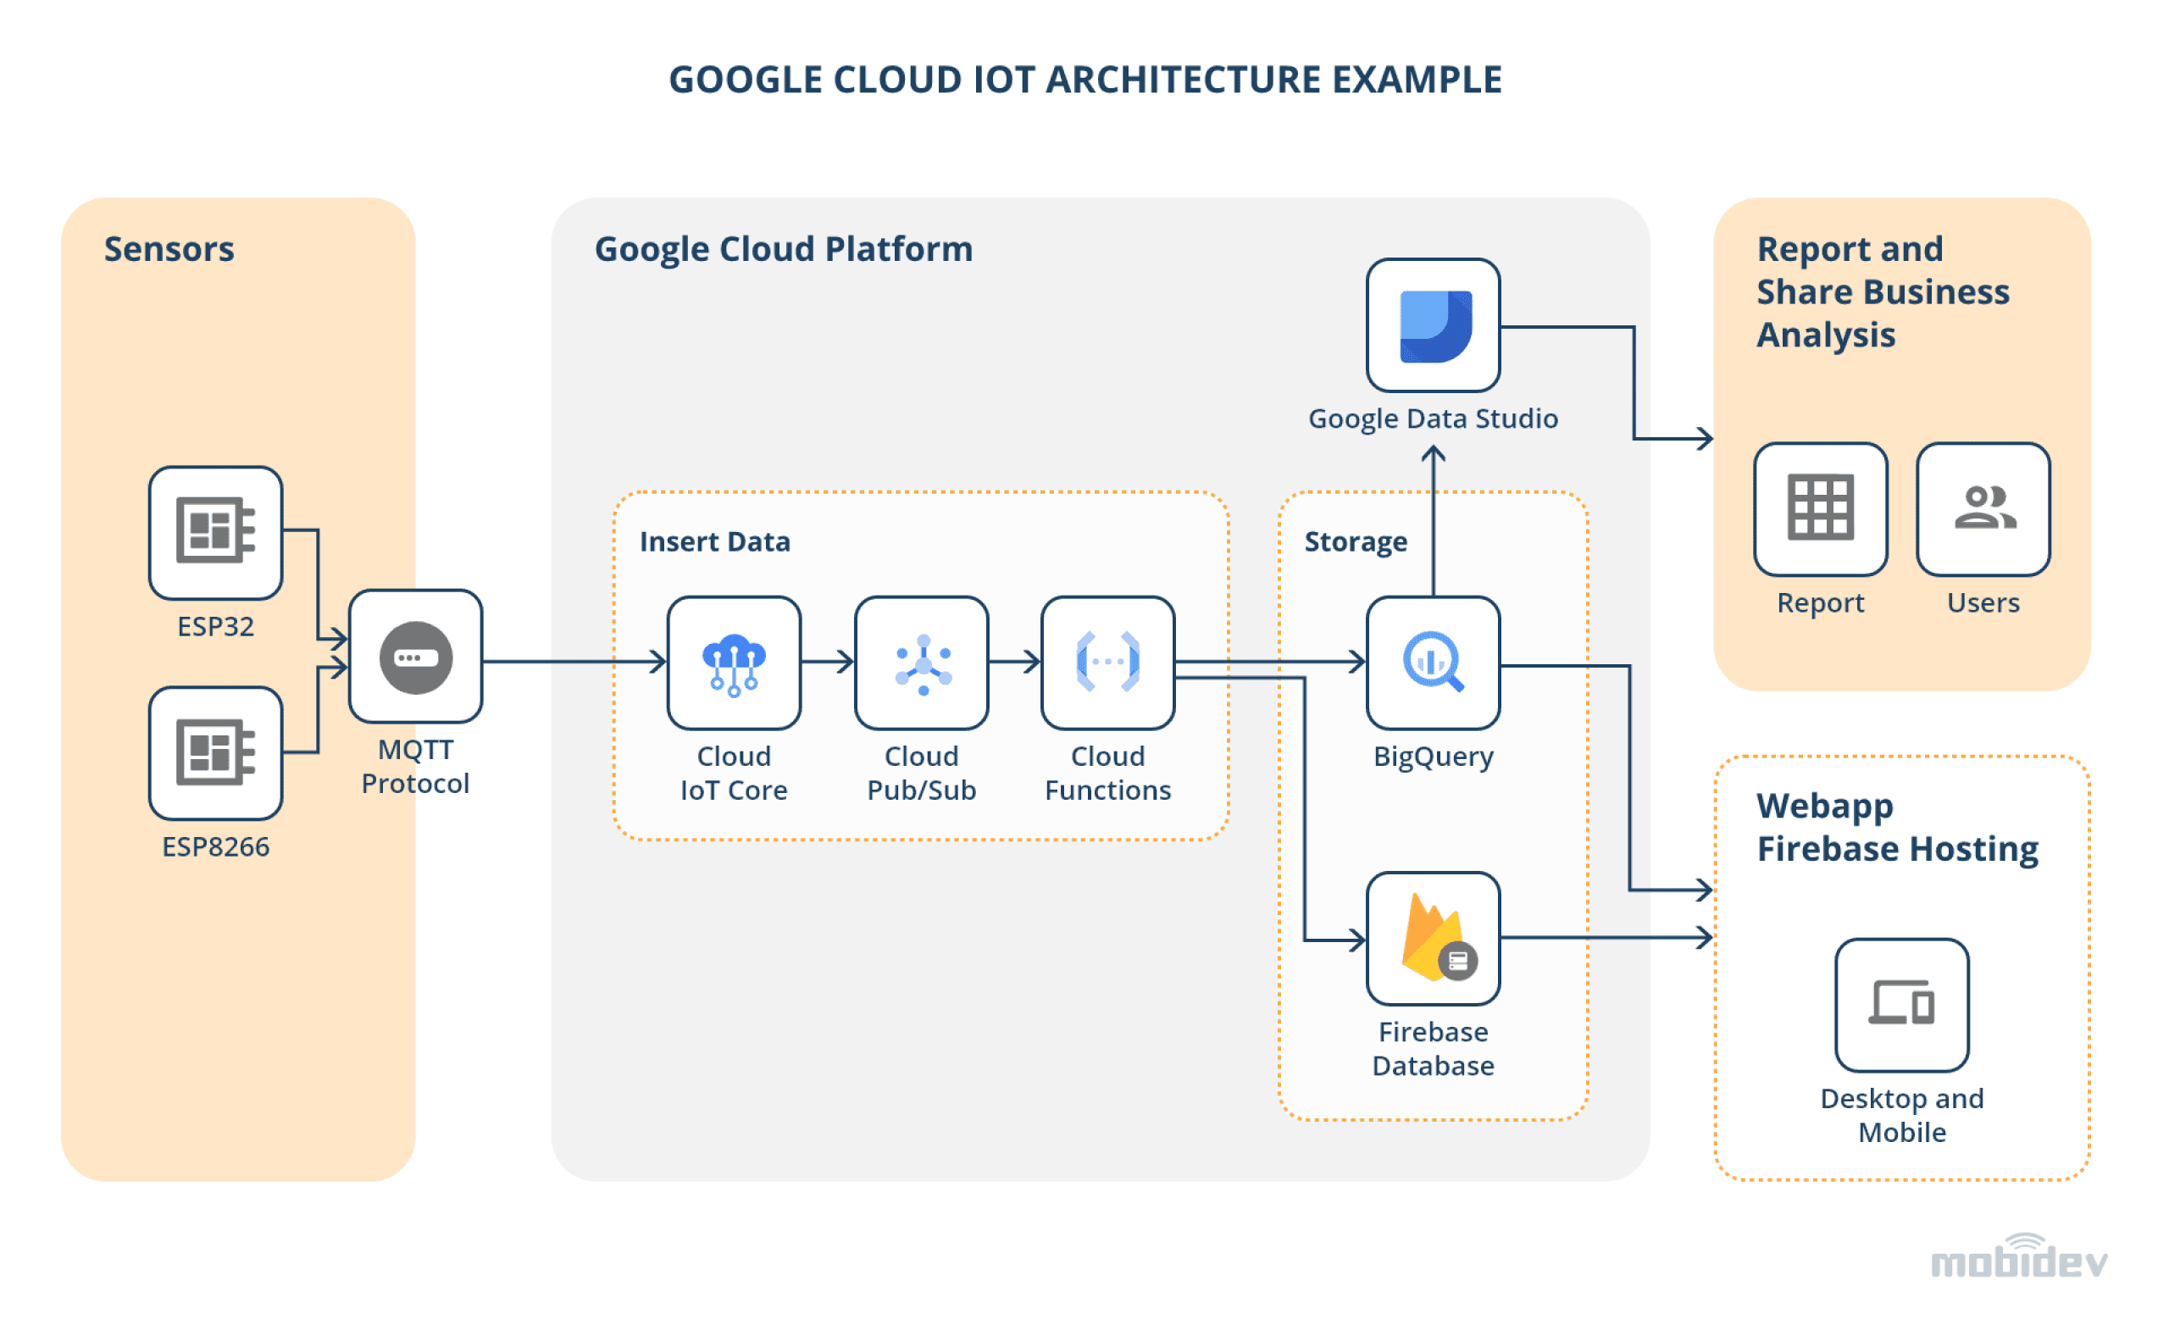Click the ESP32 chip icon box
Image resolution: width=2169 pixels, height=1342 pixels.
(216, 533)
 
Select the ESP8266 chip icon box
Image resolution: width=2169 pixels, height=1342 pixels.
(216, 752)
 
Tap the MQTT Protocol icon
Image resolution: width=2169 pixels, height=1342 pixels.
(415, 657)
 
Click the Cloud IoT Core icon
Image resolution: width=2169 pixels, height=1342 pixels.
(733, 663)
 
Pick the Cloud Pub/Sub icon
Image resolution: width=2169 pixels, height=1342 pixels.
(921, 663)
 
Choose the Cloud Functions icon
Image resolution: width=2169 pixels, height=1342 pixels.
(1107, 663)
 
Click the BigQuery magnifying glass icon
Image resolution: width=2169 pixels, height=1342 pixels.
(1433, 663)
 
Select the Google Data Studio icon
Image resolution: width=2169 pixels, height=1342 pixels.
(1433, 325)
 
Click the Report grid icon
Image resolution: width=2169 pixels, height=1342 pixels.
(1820, 508)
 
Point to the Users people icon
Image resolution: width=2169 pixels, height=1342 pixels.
(1983, 508)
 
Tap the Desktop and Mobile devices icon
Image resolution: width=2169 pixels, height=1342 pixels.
(1901, 1005)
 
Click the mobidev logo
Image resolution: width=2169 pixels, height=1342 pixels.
(2018, 1259)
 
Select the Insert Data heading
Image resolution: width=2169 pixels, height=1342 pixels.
(714, 541)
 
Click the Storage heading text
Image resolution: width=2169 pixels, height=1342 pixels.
(1355, 541)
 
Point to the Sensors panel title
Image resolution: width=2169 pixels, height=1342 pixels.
(169, 248)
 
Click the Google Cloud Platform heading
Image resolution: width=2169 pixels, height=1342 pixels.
(783, 248)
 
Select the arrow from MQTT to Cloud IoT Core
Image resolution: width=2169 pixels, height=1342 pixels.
(573, 661)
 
